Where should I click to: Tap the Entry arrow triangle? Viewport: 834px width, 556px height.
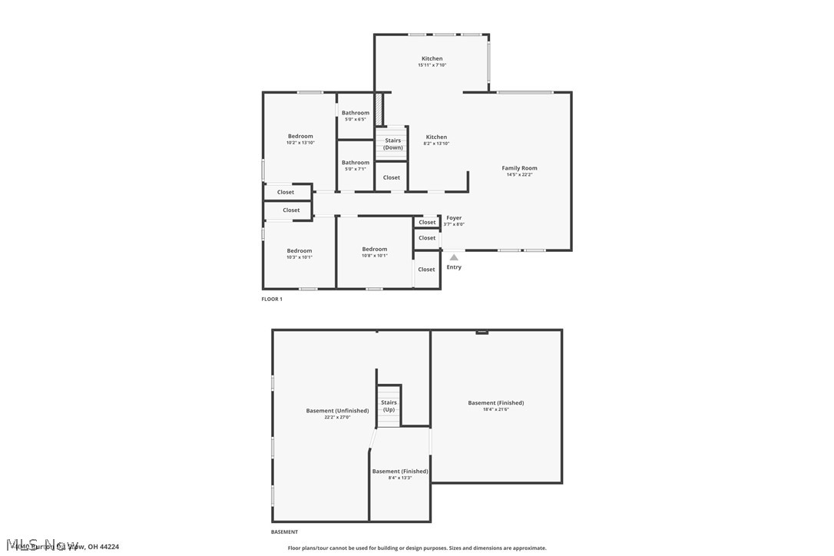[x=454, y=257]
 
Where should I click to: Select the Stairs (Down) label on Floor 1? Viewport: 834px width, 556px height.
[x=392, y=144]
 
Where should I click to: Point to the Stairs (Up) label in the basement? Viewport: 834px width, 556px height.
[x=389, y=405]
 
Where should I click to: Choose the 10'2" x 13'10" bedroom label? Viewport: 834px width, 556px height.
[x=300, y=139]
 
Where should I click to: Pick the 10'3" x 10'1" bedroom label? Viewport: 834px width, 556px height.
[x=300, y=253]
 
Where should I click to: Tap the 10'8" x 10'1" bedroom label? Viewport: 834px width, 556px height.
[x=375, y=252]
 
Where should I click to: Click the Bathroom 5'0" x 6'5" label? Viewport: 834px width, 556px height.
[x=356, y=115]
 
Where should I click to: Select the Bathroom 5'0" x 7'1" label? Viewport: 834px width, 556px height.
[x=356, y=165]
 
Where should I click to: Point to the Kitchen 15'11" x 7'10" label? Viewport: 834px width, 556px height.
[x=432, y=61]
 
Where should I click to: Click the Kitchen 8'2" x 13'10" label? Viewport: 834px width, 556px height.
[x=436, y=140]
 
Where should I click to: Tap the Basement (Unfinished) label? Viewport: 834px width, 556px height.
[x=337, y=413]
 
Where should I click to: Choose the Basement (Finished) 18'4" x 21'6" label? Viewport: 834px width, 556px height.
[x=496, y=405]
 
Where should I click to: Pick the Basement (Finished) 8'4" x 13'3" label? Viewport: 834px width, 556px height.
[x=400, y=474]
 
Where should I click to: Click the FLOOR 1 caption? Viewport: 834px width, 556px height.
[x=272, y=299]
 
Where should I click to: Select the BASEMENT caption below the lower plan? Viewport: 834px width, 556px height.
[x=284, y=531]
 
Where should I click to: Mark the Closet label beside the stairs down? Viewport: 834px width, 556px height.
[x=392, y=177]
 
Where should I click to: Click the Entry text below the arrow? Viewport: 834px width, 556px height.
[x=454, y=267]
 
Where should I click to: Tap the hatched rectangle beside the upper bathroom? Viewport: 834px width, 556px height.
[x=379, y=108]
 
